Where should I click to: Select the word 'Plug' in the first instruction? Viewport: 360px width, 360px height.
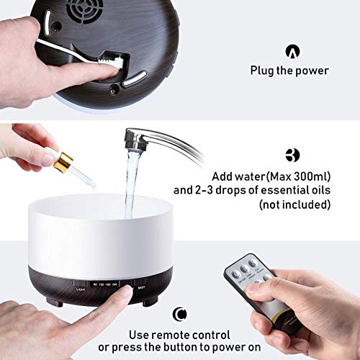tap(262, 71)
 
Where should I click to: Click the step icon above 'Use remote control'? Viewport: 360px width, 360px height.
tap(179, 314)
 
